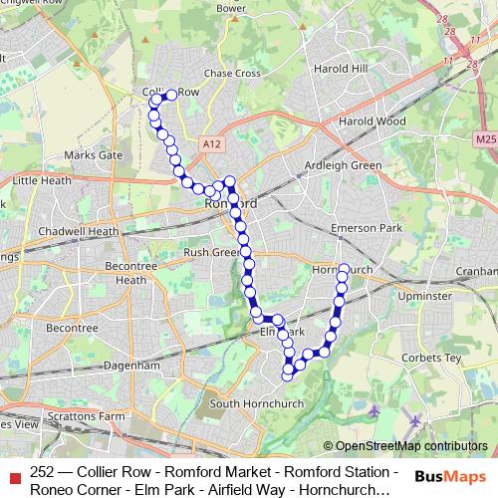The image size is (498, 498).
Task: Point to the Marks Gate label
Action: pyautogui.click(x=93, y=155)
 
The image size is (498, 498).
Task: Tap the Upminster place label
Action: pyautogui.click(x=424, y=297)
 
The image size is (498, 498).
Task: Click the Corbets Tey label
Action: pyautogui.click(x=434, y=357)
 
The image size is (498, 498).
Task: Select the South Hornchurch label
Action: pyautogui.click(x=251, y=403)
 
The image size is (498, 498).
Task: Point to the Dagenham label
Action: pyautogui.click(x=132, y=366)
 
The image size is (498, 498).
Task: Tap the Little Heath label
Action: pyautogui.click(x=42, y=181)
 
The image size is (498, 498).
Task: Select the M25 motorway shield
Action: pyautogui.click(x=486, y=140)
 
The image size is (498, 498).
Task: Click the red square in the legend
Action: pyautogui.click(x=14, y=474)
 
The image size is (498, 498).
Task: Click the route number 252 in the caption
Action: pyautogui.click(x=43, y=472)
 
